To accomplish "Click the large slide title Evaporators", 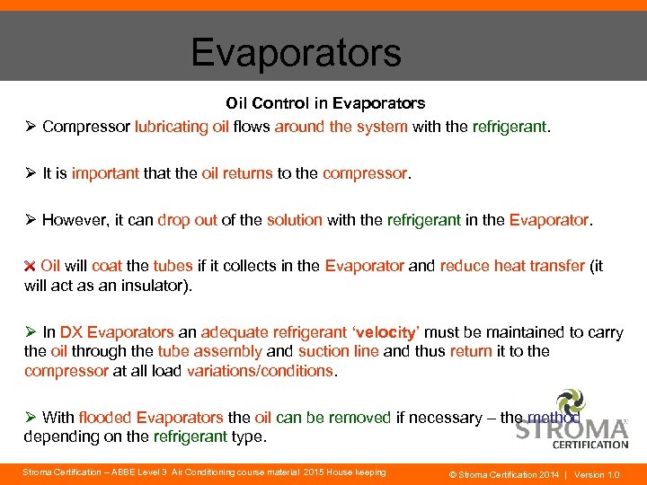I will pyautogui.click(x=296, y=53).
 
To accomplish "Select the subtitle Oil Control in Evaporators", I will pyautogui.click(x=325, y=104).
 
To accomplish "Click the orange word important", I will pyautogui.click(x=105, y=173).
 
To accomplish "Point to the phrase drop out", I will pyautogui.click(x=187, y=220).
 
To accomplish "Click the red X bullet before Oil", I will pyautogui.click(x=30, y=266).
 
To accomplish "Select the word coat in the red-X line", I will pyautogui.click(x=106, y=266).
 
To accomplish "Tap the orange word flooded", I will pyautogui.click(x=105, y=418).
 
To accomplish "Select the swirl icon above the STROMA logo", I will pyautogui.click(x=571, y=402).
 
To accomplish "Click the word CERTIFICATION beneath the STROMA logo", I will pyautogui.click(x=590, y=444).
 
